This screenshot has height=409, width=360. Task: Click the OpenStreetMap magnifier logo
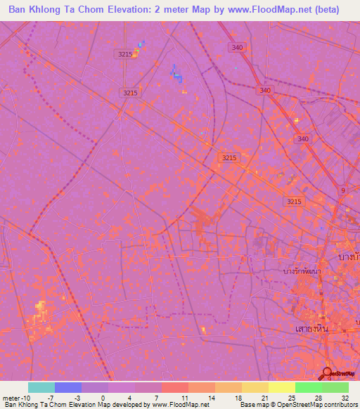pos(327,372)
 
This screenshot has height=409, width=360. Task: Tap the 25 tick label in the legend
pos(291,397)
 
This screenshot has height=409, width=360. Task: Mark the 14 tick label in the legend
pos(210,397)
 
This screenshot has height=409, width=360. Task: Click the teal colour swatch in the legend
pos(41,387)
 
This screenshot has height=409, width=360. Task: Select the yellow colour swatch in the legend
pos(282,387)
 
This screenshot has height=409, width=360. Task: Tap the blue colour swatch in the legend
pos(68,387)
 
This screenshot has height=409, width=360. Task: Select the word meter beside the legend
pos(12,397)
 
